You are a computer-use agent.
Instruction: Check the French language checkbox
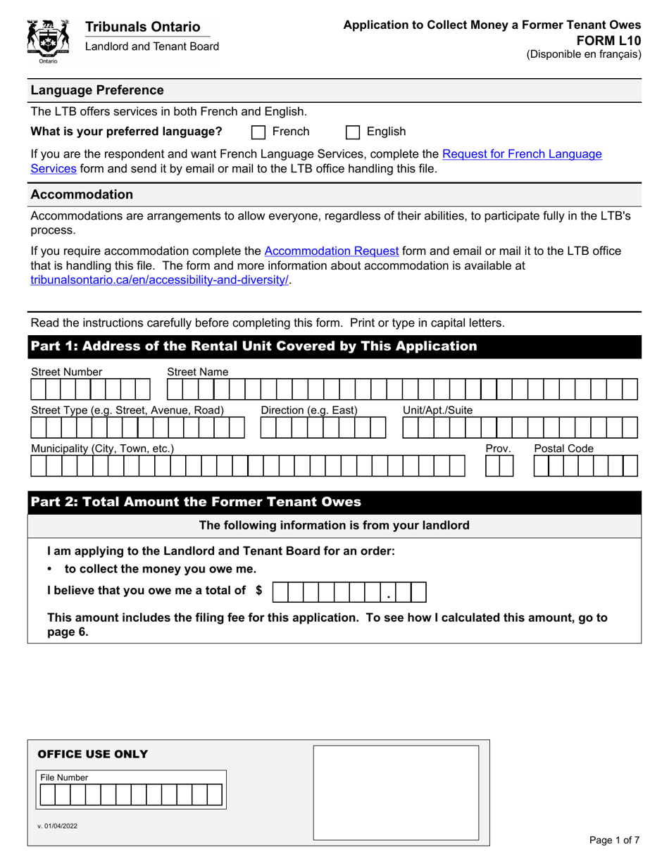point(258,132)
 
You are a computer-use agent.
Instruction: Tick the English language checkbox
point(354,132)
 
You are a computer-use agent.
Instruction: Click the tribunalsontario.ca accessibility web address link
point(160,280)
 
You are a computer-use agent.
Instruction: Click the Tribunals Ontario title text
point(143,27)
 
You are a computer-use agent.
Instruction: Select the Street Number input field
point(90,389)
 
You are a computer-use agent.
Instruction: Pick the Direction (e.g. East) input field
point(323,428)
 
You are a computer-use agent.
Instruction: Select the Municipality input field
point(258,466)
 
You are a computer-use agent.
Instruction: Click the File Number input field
point(132,795)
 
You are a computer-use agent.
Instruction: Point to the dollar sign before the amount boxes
point(259,591)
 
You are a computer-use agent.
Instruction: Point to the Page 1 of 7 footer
point(614,840)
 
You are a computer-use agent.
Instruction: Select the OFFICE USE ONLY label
point(92,754)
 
